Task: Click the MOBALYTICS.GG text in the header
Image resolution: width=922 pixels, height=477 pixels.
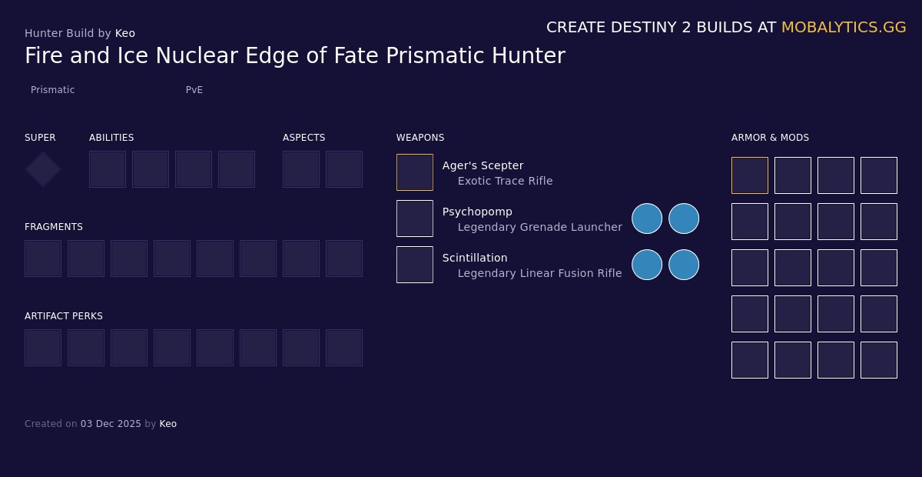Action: pyautogui.click(x=844, y=27)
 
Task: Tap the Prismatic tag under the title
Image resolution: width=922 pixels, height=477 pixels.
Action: pyautogui.click(x=52, y=90)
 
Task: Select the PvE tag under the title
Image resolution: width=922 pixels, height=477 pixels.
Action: pyautogui.click(x=194, y=90)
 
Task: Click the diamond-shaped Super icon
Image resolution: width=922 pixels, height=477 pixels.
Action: pyautogui.click(x=43, y=169)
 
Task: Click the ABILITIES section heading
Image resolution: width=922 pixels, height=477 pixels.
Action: pyautogui.click(x=111, y=138)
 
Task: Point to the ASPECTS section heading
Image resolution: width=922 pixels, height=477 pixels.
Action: pyautogui.click(x=303, y=138)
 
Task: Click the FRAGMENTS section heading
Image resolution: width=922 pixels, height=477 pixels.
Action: pyautogui.click(x=54, y=227)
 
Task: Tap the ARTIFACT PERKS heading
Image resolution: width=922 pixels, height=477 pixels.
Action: pyautogui.click(x=64, y=316)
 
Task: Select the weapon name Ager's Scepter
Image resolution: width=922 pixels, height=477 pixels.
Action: pyautogui.click(x=483, y=165)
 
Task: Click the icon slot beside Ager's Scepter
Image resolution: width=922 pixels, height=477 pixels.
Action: pyautogui.click(x=415, y=172)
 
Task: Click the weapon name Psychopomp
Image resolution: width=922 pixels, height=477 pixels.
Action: pyautogui.click(x=477, y=212)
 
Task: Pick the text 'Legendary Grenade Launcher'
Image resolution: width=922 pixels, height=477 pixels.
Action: pyautogui.click(x=539, y=227)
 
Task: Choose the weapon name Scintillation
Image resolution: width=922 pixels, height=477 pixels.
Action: pyautogui.click(x=475, y=258)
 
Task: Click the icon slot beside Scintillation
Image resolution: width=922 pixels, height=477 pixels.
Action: pyautogui.click(x=415, y=265)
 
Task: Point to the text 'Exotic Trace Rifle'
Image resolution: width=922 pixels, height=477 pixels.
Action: pyautogui.click(x=505, y=181)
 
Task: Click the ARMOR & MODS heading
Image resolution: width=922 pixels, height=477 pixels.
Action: pyautogui.click(x=770, y=138)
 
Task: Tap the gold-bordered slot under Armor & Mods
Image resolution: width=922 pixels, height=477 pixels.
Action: pyautogui.click(x=750, y=175)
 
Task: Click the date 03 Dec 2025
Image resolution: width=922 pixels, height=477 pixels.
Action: pyautogui.click(x=111, y=424)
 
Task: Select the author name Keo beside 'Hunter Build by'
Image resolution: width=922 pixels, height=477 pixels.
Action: pyautogui.click(x=125, y=33)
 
